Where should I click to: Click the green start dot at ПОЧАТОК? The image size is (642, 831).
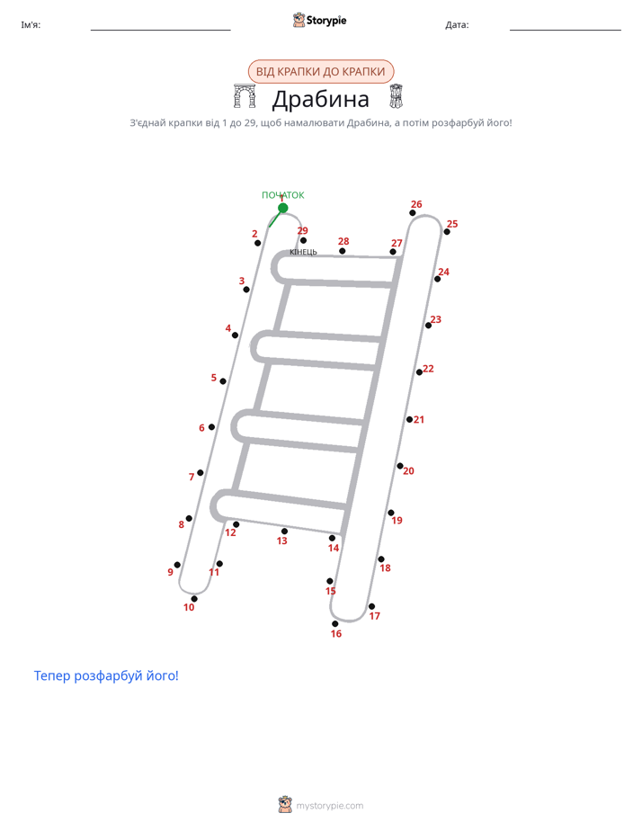(283, 208)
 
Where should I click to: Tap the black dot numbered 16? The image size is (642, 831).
(334, 624)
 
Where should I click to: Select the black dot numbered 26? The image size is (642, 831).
(413, 213)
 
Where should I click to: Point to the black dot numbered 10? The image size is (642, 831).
(194, 599)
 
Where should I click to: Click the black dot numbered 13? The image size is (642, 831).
(284, 531)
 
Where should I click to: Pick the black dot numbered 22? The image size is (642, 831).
(419, 372)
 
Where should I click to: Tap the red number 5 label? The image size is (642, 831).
(213, 378)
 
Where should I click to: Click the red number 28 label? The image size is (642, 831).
(343, 241)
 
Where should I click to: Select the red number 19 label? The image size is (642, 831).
(397, 521)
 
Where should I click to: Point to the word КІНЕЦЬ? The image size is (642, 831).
(303, 252)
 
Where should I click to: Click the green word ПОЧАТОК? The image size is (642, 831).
(283, 195)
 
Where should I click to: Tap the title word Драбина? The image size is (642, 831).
(320, 99)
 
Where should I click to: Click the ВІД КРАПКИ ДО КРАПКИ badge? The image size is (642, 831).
(320, 72)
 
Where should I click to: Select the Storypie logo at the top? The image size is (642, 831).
(319, 20)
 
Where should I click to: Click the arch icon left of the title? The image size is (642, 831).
(245, 96)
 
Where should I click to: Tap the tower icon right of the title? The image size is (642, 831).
(397, 96)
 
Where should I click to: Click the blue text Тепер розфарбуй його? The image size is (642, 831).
(106, 675)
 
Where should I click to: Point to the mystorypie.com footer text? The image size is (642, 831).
(329, 806)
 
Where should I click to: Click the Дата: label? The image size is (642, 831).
(457, 25)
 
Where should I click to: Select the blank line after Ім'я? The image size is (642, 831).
(160, 30)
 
